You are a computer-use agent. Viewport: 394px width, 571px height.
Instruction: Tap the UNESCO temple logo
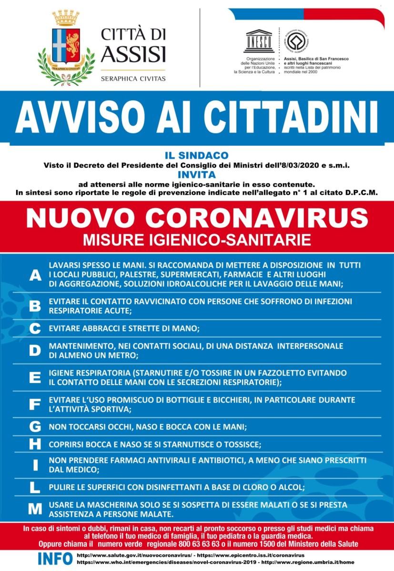258,41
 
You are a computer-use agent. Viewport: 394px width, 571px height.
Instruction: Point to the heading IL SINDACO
196,155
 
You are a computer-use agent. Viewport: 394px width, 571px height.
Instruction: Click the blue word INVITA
196,175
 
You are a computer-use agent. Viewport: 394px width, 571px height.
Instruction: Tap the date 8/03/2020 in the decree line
307,165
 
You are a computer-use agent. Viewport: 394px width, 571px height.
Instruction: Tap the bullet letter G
35,427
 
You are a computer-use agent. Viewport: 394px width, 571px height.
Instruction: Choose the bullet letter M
35,509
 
